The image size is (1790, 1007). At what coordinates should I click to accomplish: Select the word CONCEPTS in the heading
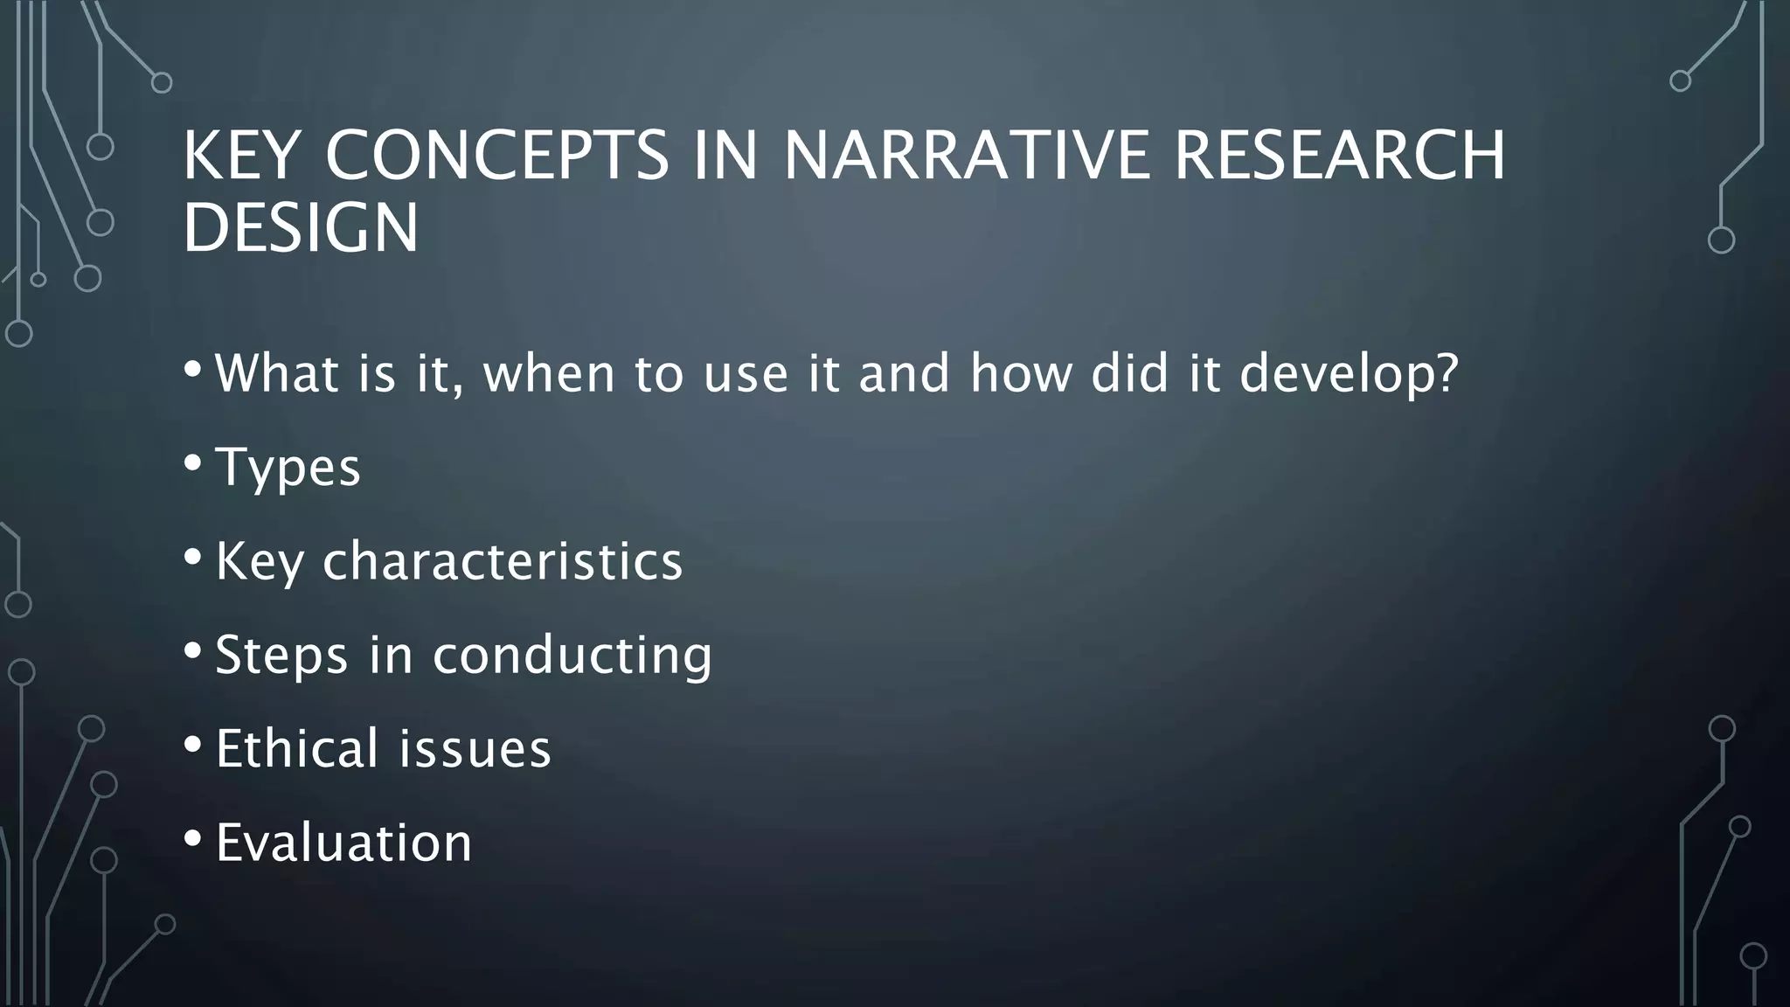[496, 156]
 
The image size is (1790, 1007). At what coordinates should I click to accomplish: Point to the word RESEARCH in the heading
[1339, 156]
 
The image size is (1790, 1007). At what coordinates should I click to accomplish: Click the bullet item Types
[288, 467]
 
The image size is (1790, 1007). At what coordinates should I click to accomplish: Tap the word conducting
[572, 655]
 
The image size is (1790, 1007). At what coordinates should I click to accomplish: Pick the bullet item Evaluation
[343, 843]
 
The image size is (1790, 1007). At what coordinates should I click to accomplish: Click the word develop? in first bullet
[1349, 373]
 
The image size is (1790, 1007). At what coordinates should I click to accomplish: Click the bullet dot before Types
[192, 462]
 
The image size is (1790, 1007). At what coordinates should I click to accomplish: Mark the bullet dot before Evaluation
[192, 838]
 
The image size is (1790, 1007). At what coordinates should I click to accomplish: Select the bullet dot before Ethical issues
[192, 744]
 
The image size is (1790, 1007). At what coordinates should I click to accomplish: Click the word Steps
[281, 655]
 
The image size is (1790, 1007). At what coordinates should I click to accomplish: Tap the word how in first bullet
[1020, 373]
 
